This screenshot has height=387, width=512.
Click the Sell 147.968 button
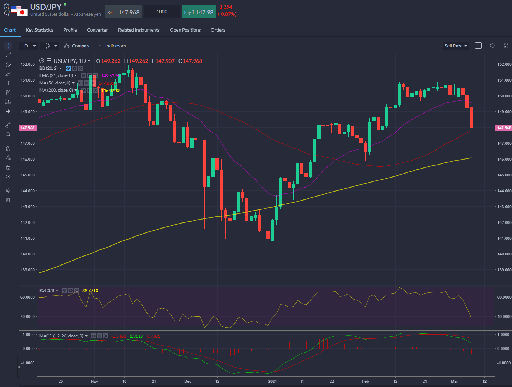click(124, 12)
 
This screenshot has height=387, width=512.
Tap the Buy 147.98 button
click(199, 12)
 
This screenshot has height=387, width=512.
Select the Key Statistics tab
click(39, 30)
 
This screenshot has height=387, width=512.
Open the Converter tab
click(97, 30)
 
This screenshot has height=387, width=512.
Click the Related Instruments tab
click(139, 30)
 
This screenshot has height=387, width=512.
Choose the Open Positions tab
click(185, 30)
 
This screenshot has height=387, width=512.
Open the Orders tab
click(218, 30)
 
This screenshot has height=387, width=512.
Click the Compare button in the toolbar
click(78, 46)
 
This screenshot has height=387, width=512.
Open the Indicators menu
click(112, 46)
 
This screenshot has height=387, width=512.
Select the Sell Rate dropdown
click(456, 46)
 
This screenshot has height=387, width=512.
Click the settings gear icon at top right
click(492, 46)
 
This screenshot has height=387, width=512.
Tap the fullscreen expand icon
click(506, 46)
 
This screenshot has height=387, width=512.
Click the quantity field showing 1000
click(162, 12)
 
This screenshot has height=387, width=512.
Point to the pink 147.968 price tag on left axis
click(28, 128)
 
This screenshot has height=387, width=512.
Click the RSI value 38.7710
click(90, 290)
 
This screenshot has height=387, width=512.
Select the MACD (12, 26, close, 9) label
click(61, 336)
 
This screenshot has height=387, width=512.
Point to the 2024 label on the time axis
click(273, 381)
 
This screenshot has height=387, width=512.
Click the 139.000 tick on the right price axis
click(504, 270)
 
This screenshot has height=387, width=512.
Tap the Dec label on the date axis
click(187, 381)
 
